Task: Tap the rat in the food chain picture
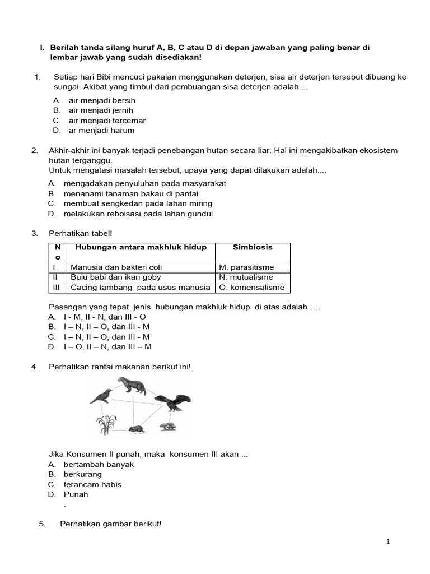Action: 136,429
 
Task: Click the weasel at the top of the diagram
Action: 131,386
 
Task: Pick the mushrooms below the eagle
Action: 167,427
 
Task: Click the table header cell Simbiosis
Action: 253,247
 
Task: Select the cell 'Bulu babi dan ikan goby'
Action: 116,277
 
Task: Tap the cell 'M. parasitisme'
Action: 246,267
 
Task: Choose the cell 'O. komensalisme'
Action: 251,288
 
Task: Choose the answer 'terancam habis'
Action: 92,484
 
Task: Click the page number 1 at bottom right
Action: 387,541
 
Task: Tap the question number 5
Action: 42,524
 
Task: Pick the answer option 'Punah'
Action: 76,494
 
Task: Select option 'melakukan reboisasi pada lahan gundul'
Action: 138,214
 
